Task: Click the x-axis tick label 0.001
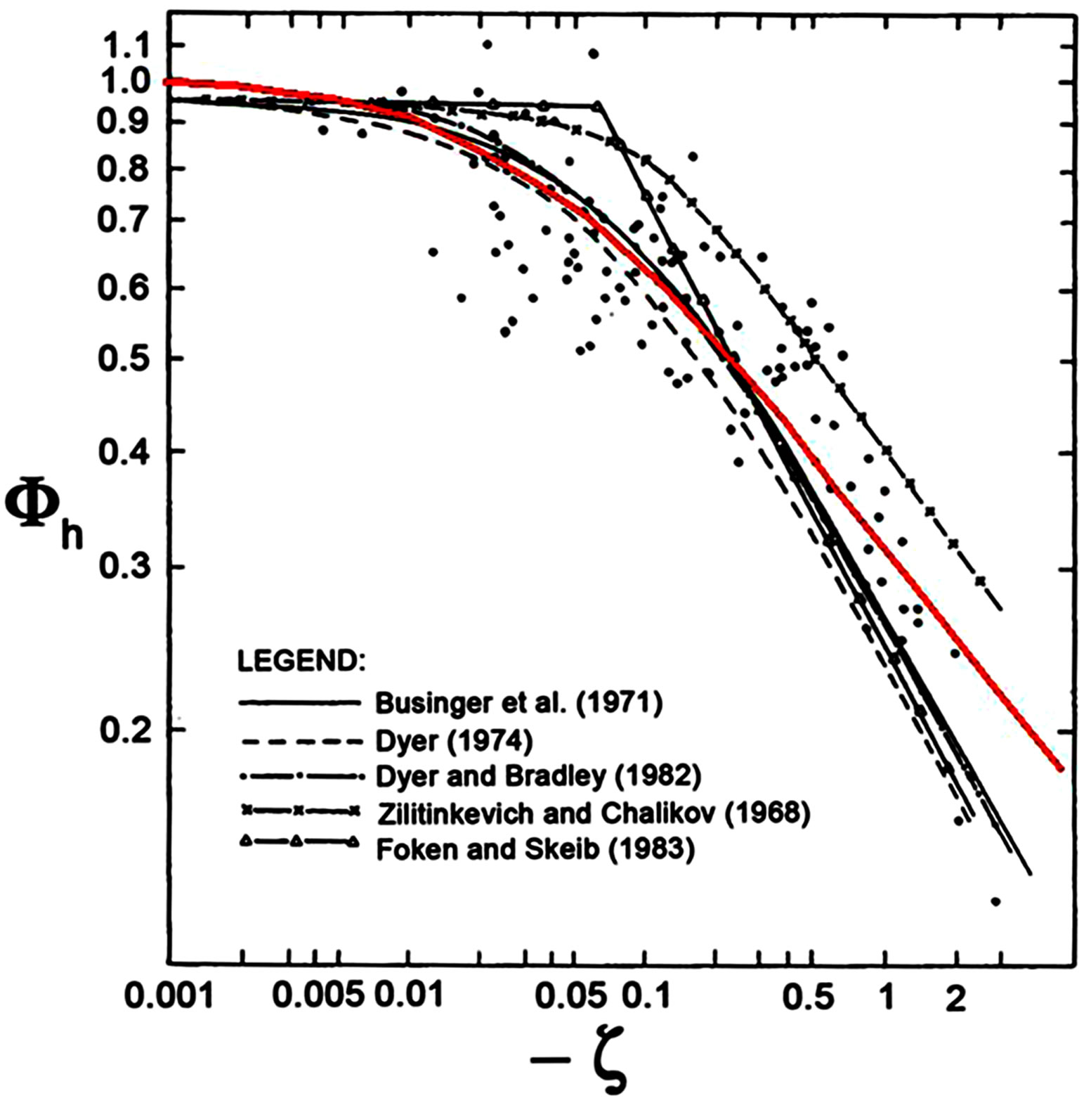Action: tap(169, 997)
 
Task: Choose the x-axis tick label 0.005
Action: tap(318, 997)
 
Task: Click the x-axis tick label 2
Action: tap(955, 998)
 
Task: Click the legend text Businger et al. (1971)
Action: tap(518, 702)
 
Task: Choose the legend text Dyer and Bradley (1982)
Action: tap(538, 776)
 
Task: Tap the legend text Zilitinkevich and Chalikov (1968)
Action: tap(593, 813)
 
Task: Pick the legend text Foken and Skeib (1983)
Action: tap(535, 849)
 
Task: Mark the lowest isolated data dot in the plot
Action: tap(995, 901)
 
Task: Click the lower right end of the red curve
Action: tap(1061, 768)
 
